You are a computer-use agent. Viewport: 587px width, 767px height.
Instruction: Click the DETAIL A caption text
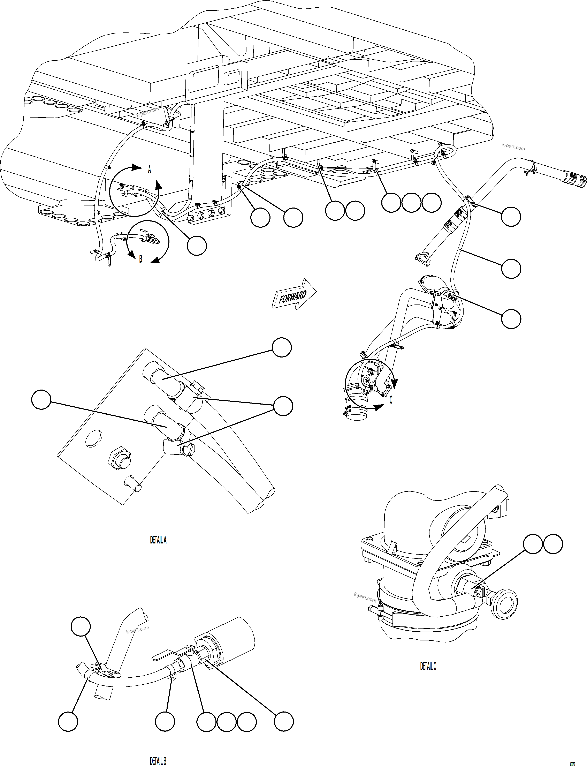point(158,540)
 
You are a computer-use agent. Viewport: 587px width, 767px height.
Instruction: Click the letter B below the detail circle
point(140,259)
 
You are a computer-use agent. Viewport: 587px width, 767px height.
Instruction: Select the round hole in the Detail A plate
point(93,438)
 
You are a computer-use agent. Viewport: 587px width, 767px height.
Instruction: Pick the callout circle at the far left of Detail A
point(41,400)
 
